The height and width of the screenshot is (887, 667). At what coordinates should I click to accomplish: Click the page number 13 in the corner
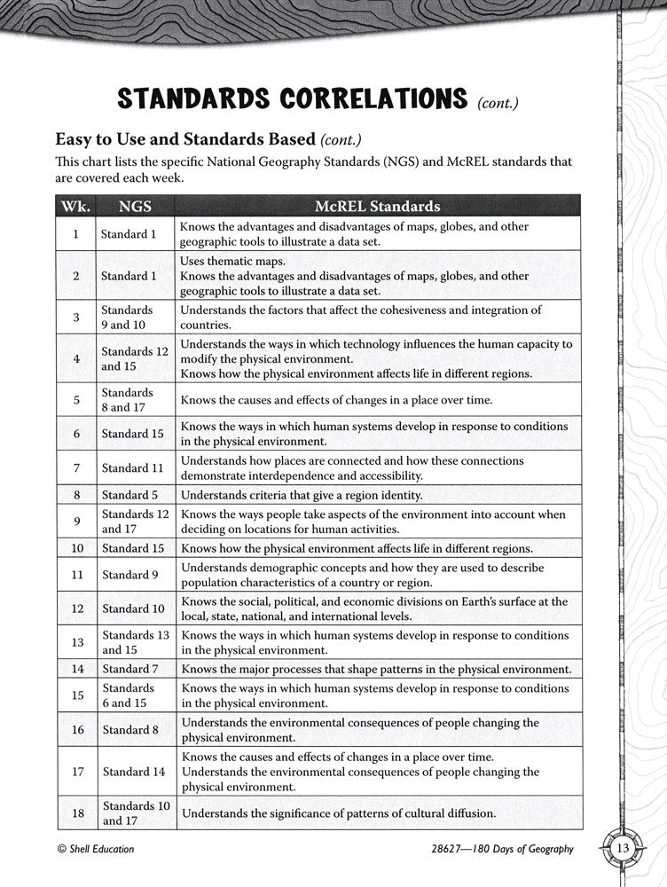(624, 849)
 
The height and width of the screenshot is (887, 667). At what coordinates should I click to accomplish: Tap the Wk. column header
(75, 207)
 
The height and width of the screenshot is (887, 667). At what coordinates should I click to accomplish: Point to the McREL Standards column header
(377, 207)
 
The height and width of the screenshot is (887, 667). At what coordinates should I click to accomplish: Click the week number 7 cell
(76, 467)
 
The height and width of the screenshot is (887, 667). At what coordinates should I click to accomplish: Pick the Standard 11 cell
(132, 467)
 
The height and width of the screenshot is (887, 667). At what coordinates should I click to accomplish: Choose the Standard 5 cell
(129, 495)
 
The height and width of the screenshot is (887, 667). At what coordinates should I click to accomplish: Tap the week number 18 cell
(76, 812)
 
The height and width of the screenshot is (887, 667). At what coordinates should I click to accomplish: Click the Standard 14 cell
(132, 772)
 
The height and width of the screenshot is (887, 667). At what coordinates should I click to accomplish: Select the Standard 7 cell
(129, 669)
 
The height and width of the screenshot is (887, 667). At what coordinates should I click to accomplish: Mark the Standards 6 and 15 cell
(128, 695)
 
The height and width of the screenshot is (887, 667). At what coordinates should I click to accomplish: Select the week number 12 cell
(76, 608)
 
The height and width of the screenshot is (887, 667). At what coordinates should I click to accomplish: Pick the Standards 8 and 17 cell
(128, 400)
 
